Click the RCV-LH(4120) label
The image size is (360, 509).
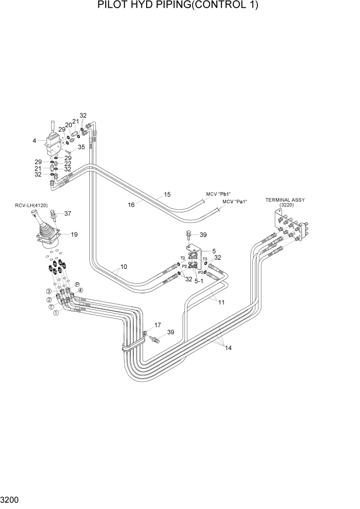click(31, 206)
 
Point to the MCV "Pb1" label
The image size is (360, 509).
click(218, 194)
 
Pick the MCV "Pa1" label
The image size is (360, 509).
click(234, 202)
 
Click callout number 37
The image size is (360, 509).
click(67, 214)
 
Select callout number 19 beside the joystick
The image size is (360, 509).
click(74, 234)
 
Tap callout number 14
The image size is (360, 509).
click(228, 348)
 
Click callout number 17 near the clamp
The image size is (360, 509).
click(157, 325)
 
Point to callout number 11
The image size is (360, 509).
click(221, 302)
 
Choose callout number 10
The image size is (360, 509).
click(124, 267)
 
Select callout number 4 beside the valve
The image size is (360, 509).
click(34, 140)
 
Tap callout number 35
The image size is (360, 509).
click(81, 147)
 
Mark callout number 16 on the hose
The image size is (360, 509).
click(131, 204)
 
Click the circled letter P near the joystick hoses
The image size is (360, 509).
click(77, 284)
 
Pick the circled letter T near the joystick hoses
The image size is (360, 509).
click(51, 306)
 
